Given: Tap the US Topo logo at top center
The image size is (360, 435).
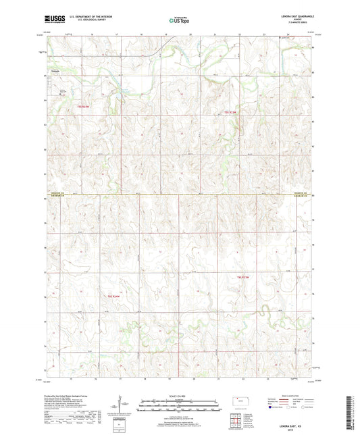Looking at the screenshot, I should pyautogui.click(x=179, y=21).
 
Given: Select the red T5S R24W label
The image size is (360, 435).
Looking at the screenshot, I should pyautogui.click(x=83, y=107).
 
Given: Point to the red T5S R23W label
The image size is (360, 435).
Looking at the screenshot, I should pyautogui.click(x=232, y=111).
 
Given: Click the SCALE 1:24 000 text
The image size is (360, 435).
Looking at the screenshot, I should pyautogui.click(x=179, y=396).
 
